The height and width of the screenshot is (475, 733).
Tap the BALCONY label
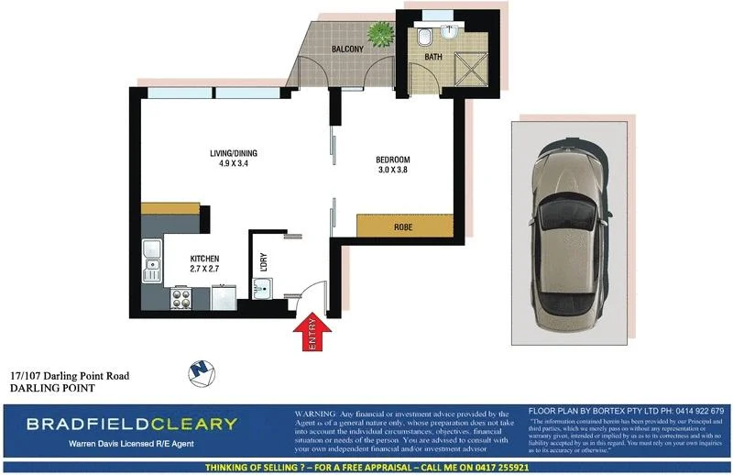tap(349, 49)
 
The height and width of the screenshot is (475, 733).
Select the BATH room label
tap(432, 57)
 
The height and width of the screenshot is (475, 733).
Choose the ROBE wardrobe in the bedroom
tap(400, 226)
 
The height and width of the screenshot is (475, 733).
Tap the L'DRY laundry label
tap(263, 260)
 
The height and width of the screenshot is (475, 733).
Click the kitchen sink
tap(151, 269)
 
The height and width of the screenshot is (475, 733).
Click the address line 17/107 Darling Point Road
tap(70, 375)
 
